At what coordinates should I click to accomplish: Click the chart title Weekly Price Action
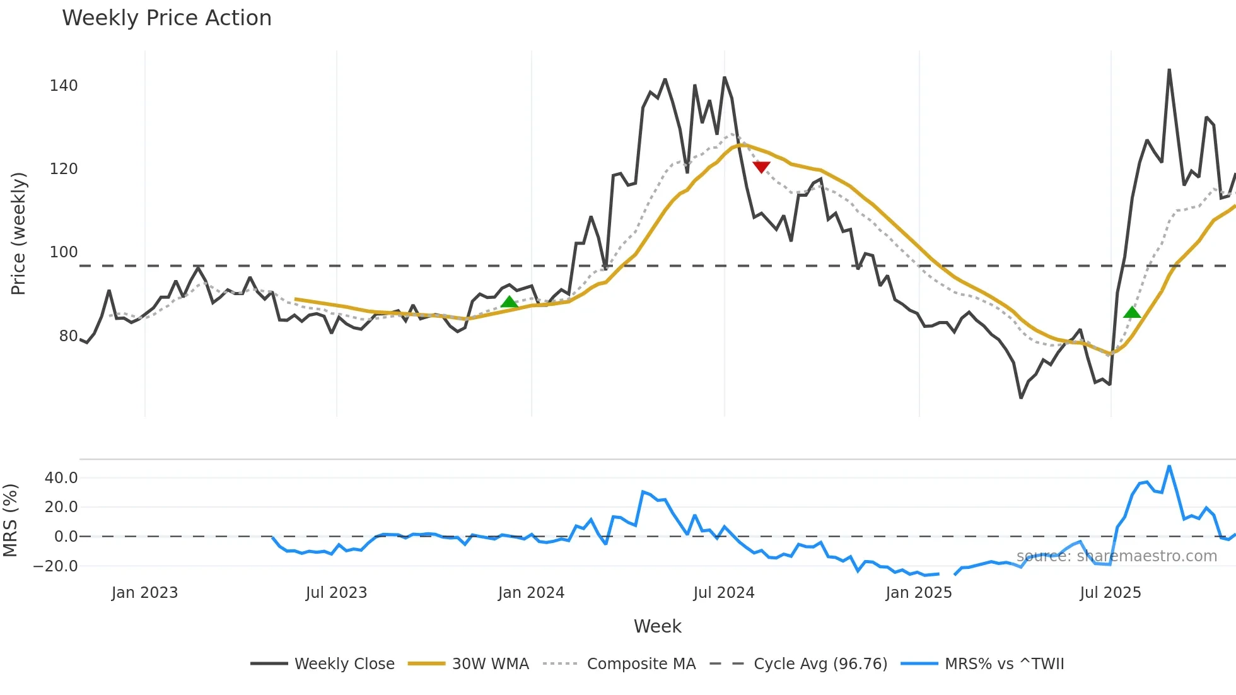[x=166, y=18]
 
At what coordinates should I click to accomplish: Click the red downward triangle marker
[x=761, y=167]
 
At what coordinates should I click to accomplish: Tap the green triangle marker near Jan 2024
[x=509, y=301]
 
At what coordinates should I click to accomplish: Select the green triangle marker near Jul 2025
[x=1132, y=312]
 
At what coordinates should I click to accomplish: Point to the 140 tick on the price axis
[x=64, y=86]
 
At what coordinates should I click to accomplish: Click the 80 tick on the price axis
[x=68, y=336]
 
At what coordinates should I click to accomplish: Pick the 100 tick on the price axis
[x=64, y=252]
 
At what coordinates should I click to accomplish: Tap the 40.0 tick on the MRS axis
[x=61, y=478]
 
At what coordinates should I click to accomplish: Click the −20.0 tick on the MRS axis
[x=56, y=566]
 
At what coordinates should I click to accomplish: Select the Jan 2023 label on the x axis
[x=144, y=593]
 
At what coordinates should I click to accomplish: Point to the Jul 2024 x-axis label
[x=724, y=593]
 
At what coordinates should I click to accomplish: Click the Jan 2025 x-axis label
[x=919, y=593]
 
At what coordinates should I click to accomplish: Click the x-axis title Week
[x=657, y=626]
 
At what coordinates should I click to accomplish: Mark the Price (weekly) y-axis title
[x=19, y=233]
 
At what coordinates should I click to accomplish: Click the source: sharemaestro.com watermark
[x=1116, y=556]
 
